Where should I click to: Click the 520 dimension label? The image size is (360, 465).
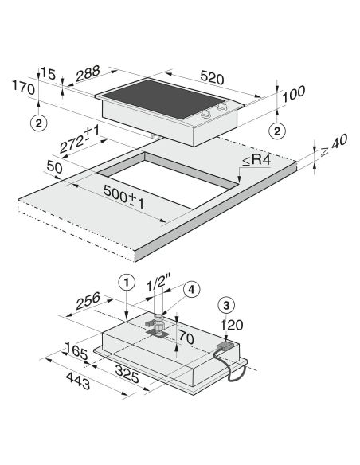(x=212, y=77)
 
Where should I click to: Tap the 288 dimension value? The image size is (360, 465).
(x=88, y=73)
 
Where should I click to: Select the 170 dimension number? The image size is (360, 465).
(x=24, y=88)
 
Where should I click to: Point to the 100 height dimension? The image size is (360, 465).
(x=293, y=94)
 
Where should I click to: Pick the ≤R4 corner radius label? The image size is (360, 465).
(x=256, y=160)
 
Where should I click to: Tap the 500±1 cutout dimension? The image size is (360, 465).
(x=124, y=197)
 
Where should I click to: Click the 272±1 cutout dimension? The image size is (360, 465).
(x=79, y=140)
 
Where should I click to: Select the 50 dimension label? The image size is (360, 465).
(x=55, y=167)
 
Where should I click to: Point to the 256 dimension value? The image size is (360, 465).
(x=88, y=300)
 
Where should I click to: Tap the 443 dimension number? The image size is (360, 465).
(x=78, y=381)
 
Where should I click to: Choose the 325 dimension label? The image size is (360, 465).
(x=127, y=374)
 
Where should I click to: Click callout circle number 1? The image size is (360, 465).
(x=127, y=283)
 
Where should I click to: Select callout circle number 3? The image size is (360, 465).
(x=226, y=305)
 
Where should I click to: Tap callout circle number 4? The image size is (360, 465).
(x=192, y=290)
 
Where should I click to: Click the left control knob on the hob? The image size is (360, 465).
(x=205, y=114)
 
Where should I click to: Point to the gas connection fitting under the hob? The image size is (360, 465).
(x=157, y=325)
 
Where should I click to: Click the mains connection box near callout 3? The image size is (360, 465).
(x=225, y=346)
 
